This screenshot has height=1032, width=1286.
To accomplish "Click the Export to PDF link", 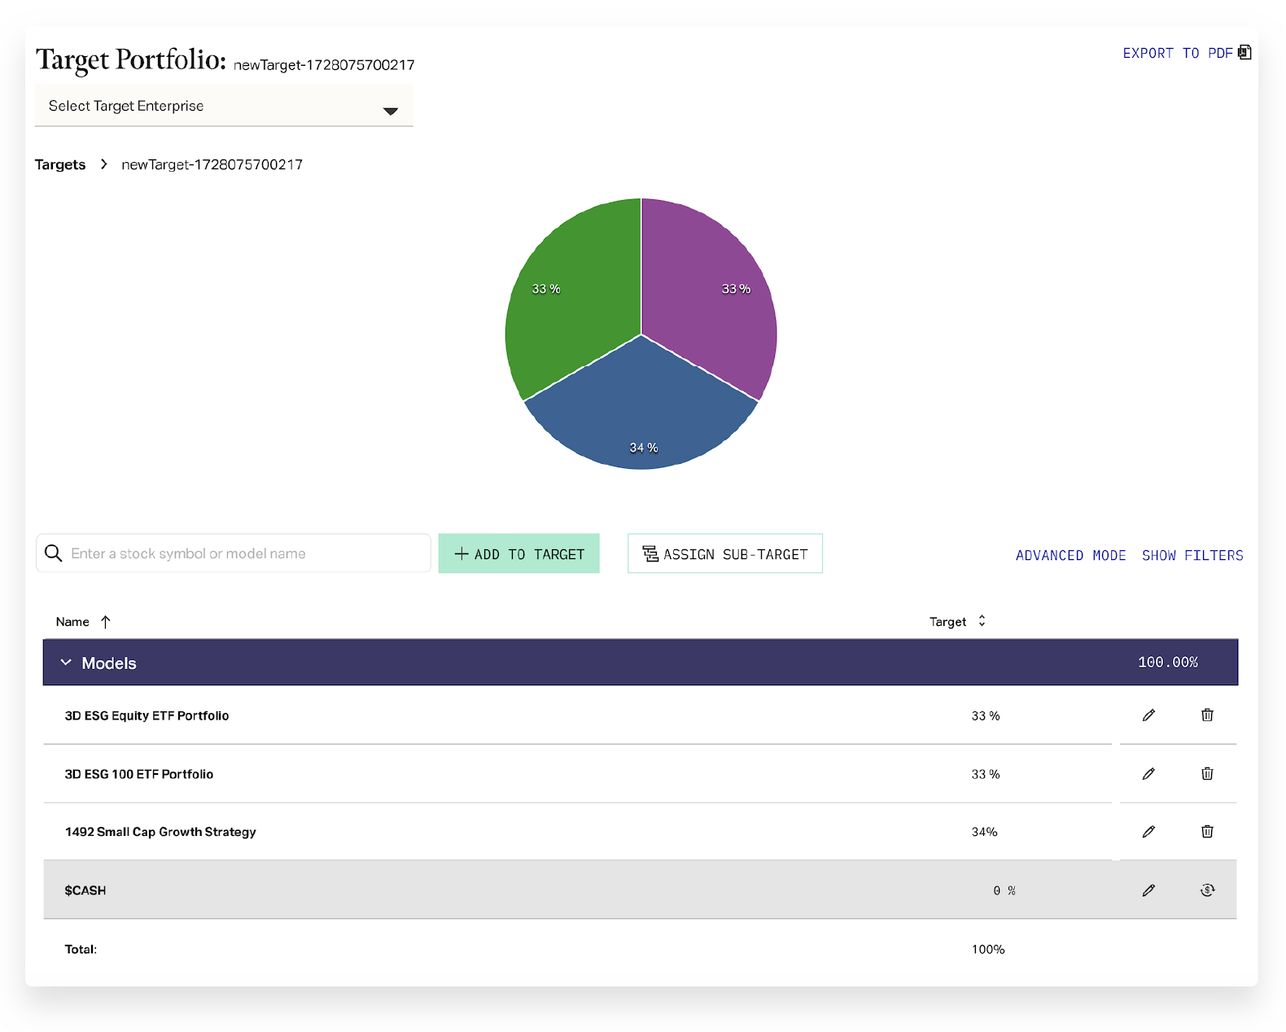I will coord(1186,54).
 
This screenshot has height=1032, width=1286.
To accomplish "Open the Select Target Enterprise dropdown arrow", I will coord(391,111).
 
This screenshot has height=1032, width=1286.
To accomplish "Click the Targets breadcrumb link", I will coord(60,164).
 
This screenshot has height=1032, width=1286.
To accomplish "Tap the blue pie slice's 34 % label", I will coord(644,448).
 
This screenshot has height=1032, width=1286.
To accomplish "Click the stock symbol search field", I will coord(244,553).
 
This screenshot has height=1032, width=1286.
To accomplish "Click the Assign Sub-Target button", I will coord(724,553).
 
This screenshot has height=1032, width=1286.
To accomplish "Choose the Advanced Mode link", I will coord(1070,555).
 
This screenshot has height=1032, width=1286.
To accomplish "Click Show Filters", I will coord(1192,555).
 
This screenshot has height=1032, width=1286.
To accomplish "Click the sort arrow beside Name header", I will coord(106,622).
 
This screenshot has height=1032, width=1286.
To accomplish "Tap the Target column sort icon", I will coord(982,621).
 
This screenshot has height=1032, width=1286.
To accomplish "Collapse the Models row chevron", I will coord(66,662).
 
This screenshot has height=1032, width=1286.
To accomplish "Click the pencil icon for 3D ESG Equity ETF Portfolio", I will coord(1148,715).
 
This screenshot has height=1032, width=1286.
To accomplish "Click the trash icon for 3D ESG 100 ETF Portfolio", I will coord(1207,773).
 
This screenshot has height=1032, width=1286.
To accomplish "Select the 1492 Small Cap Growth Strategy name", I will coord(160,832).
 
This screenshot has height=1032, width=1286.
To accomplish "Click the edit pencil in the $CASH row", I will coord(1148,890).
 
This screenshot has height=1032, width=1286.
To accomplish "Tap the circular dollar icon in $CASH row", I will coord(1207,890).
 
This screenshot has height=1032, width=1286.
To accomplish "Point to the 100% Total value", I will coord(988,949).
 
